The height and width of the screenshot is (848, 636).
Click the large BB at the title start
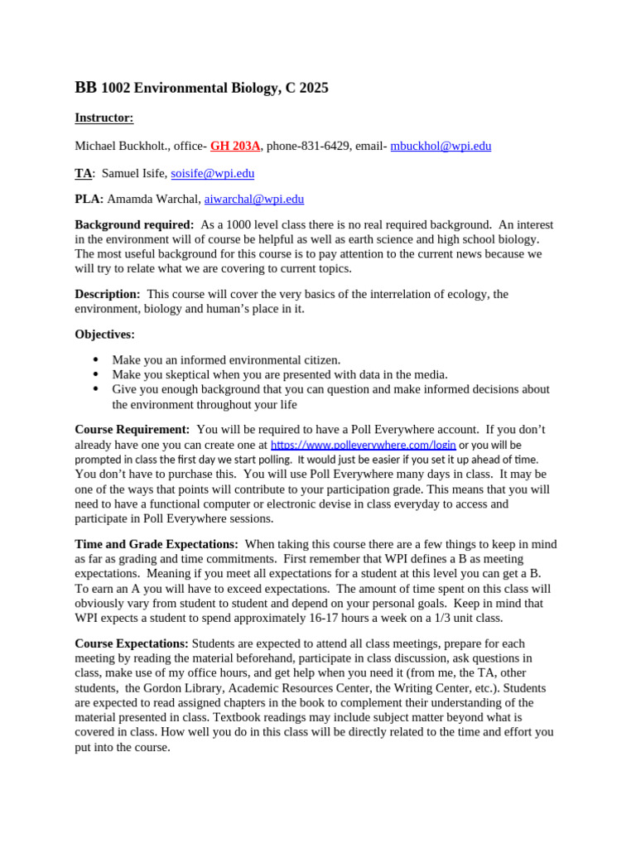(x=85, y=88)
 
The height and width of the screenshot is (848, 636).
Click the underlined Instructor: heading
(x=104, y=118)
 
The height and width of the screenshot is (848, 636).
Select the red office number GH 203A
(x=235, y=146)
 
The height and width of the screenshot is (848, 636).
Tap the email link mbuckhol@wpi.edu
(x=441, y=146)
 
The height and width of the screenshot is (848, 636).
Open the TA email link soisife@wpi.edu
(x=212, y=173)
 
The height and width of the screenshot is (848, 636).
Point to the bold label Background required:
(x=134, y=224)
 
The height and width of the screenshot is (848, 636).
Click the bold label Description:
(x=108, y=294)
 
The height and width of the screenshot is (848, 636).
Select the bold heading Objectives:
(x=104, y=335)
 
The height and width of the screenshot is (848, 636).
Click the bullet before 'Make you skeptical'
(x=96, y=374)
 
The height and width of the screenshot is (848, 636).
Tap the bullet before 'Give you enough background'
(x=96, y=389)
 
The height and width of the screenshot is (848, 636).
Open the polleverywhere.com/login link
(x=363, y=445)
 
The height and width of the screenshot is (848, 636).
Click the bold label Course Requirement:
(x=132, y=429)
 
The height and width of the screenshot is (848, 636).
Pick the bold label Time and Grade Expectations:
(x=157, y=544)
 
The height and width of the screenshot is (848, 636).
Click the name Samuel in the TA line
(x=123, y=173)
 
